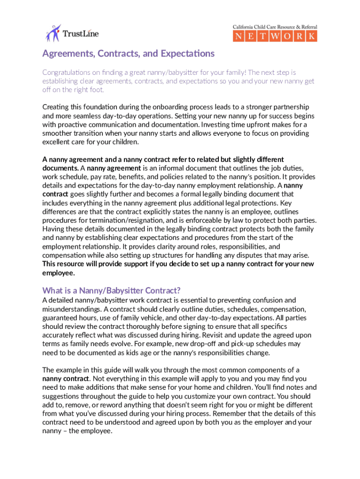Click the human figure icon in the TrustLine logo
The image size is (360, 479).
(x=53, y=32)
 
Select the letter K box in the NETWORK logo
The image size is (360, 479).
(x=311, y=36)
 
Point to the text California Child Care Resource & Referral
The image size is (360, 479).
(x=275, y=27)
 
